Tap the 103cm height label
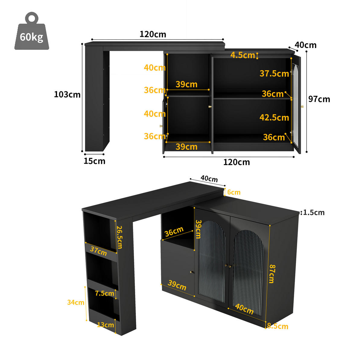pyautogui.click(x=67, y=94)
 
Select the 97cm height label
pyautogui.click(x=319, y=99)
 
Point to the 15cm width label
pyautogui.click(x=94, y=161)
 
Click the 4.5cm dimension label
pyautogui.click(x=243, y=55)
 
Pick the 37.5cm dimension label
pyautogui.click(x=274, y=73)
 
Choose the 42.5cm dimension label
pyautogui.click(x=274, y=117)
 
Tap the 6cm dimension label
pyautogui.click(x=234, y=192)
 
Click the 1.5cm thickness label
pyautogui.click(x=314, y=212)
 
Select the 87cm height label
pyautogui.click(x=271, y=274)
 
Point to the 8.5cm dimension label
pyautogui.click(x=278, y=326)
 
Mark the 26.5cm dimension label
pyautogui.click(x=120, y=237)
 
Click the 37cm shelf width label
pyautogui.click(x=98, y=251)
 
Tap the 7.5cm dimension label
pyautogui.click(x=104, y=293)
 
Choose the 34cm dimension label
pyautogui.click(x=76, y=302)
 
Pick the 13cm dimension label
pyautogui.click(x=106, y=325)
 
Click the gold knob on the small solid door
pyautogui.click(x=192, y=272)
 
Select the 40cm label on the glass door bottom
pyautogui.click(x=244, y=309)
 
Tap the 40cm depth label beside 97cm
pyautogui.click(x=306, y=45)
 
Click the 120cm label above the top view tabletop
pyautogui.click(x=153, y=34)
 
